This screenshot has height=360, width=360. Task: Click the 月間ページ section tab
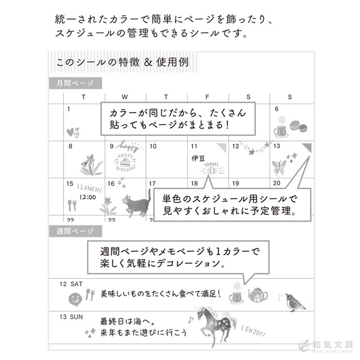[75, 83]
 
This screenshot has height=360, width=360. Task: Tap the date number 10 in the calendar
[153, 146]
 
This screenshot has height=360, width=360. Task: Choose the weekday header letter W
[125, 97]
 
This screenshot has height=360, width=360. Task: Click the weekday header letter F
[207, 97]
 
